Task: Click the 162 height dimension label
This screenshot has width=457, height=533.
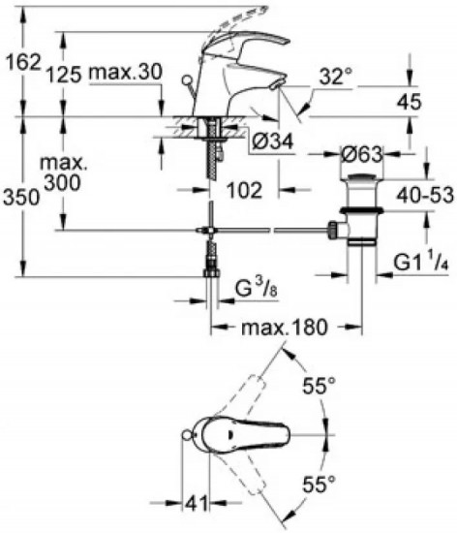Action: [24, 63]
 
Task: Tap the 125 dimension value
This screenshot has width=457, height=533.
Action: [64, 74]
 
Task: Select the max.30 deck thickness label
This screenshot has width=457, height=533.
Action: [125, 72]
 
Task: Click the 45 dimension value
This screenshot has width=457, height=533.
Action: [410, 102]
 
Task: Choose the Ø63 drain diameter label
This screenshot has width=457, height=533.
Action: [361, 155]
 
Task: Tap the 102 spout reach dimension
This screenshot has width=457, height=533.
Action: [244, 190]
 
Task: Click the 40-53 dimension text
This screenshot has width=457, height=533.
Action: [426, 196]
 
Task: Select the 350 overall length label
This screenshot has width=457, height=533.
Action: [21, 197]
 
